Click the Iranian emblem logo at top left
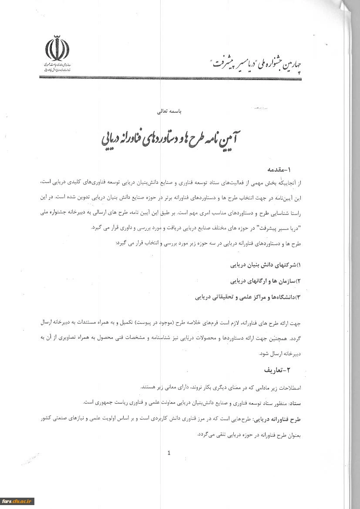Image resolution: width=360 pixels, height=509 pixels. (57, 50)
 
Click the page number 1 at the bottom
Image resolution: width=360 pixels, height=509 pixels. (169, 453)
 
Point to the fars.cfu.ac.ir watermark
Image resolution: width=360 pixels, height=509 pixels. (17, 501)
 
